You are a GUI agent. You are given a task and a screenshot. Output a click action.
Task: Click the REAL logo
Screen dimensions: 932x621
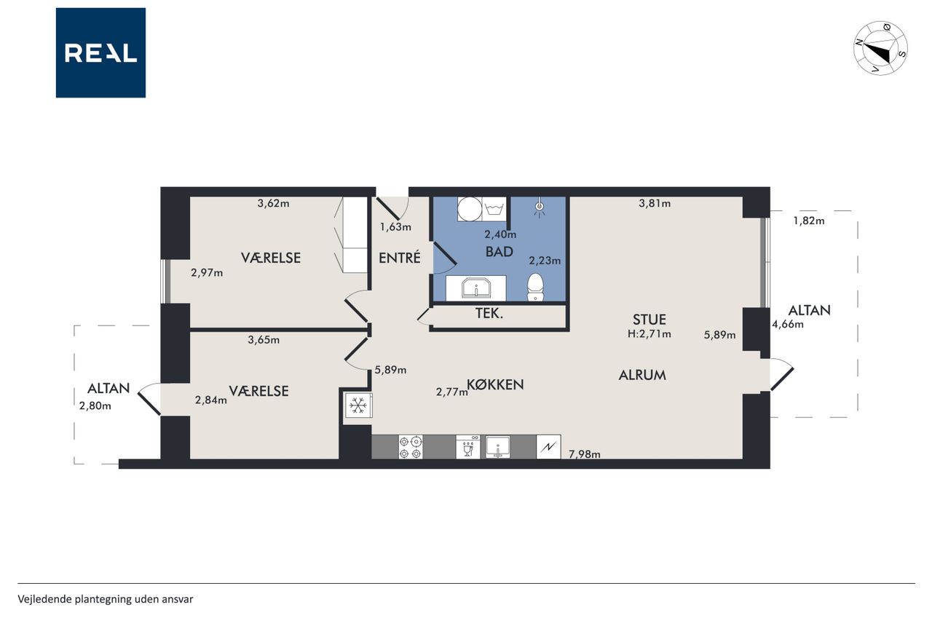(100, 53)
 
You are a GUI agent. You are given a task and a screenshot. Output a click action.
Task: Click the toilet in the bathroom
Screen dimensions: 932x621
(535, 287)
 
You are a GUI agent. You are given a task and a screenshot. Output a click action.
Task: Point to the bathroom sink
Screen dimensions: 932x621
(476, 288)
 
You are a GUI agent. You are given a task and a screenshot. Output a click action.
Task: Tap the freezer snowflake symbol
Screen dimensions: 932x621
(358, 405)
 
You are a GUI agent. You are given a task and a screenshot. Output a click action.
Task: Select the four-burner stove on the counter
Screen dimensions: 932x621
(411, 447)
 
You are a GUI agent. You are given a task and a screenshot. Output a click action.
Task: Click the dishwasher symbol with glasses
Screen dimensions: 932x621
(468, 447)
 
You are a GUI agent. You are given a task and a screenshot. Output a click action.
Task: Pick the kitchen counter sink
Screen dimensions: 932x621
(497, 447)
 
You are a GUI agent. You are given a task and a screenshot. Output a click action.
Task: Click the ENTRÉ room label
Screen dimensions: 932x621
(400, 258)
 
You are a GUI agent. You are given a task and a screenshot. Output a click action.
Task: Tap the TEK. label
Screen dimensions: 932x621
(489, 314)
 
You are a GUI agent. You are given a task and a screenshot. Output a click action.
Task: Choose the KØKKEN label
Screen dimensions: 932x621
(495, 384)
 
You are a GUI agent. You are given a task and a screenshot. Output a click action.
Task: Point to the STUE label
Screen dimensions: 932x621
(649, 320)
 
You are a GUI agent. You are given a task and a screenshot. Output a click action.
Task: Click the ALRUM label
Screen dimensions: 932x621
(642, 375)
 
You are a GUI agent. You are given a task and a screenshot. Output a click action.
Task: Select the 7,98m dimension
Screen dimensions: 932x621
(584, 454)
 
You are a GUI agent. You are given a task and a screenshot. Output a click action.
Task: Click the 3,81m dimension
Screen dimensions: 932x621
(655, 203)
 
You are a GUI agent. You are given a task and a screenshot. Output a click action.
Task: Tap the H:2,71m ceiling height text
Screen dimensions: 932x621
(649, 333)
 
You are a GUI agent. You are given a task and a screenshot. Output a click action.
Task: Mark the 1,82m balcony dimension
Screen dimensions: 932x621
(808, 221)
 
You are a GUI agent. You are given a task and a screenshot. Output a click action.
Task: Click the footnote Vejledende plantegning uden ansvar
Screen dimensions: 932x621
(106, 599)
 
